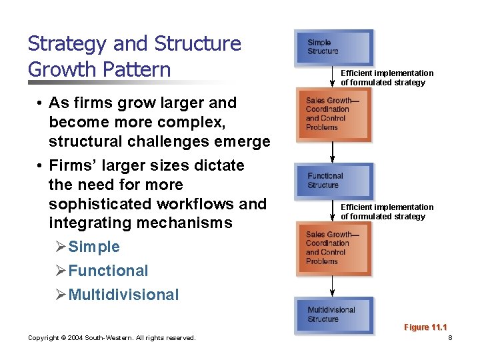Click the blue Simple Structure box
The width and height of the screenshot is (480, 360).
(334, 47)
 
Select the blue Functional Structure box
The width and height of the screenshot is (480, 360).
(334, 181)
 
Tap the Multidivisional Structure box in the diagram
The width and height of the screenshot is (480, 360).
(334, 315)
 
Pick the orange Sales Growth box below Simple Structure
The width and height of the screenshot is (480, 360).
(333, 114)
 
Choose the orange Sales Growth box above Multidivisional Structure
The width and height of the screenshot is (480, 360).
(333, 248)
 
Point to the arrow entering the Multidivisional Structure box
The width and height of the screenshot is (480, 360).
(333, 285)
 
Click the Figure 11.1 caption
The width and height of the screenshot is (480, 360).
(425, 327)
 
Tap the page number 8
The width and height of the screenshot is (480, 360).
(451, 338)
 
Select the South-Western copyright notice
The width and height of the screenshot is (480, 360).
(111, 338)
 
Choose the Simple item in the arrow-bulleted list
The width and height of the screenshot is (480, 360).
(93, 247)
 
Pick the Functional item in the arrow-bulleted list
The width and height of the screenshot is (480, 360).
(108, 271)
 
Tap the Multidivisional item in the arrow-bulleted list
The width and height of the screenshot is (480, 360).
(123, 295)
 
